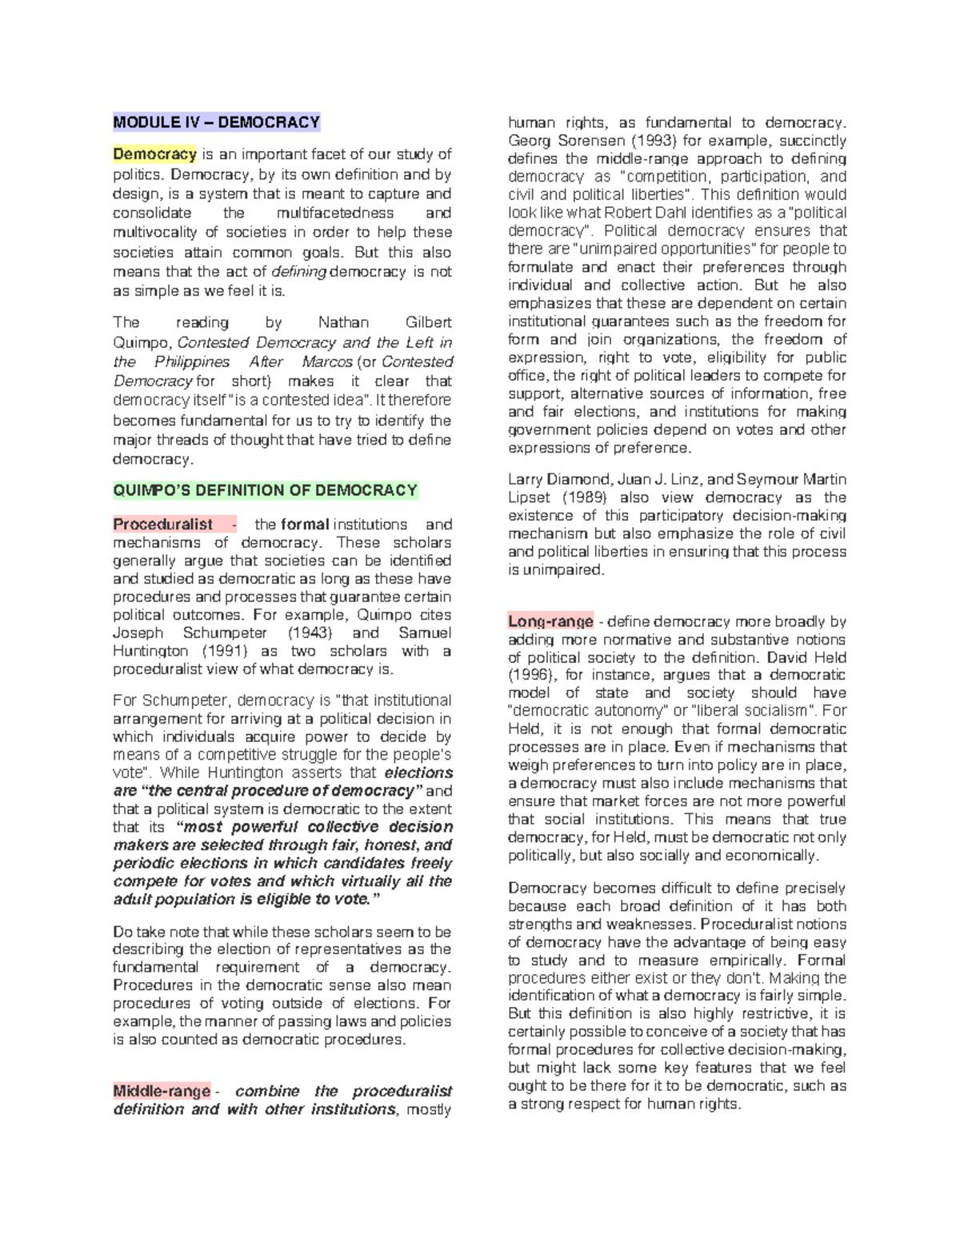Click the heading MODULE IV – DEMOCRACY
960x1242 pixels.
point(216,122)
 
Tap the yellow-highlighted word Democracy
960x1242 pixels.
point(154,154)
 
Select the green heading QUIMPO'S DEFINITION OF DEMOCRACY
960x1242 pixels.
point(265,490)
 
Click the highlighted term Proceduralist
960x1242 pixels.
point(163,525)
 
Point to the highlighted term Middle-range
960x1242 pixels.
point(162,1091)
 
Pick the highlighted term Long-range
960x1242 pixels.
point(550,621)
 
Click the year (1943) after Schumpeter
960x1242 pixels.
point(309,633)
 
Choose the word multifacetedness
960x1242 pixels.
point(335,213)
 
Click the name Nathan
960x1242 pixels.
point(343,322)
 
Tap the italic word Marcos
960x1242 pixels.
point(327,361)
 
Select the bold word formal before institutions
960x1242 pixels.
point(305,525)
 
